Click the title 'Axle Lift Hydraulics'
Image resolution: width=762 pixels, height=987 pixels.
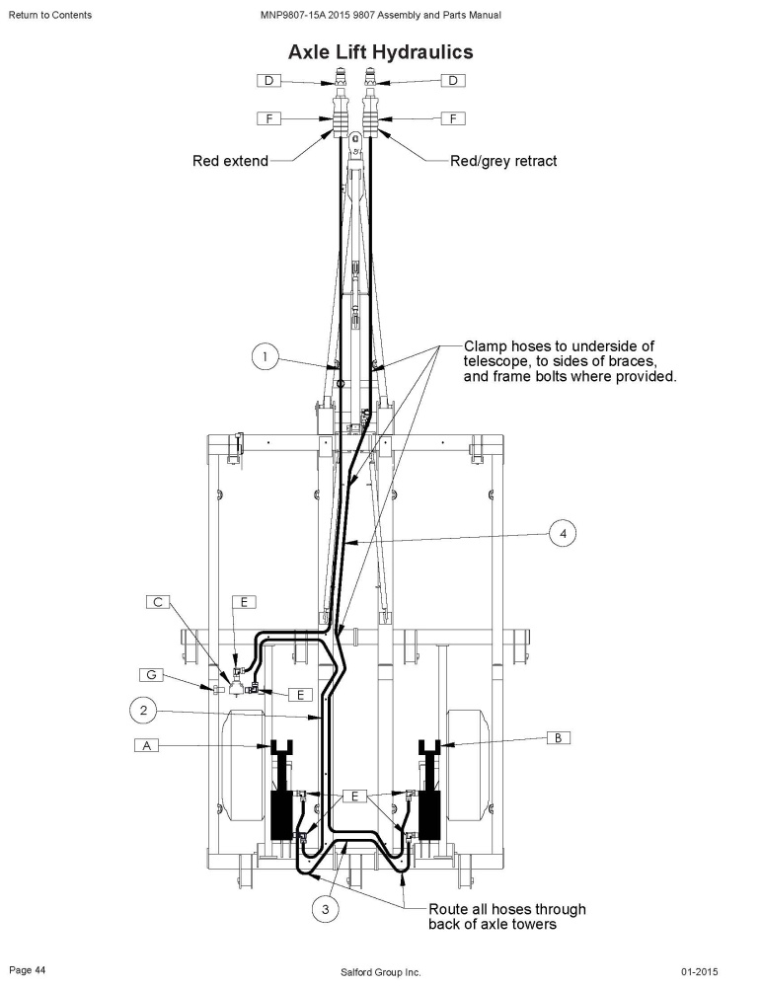380,51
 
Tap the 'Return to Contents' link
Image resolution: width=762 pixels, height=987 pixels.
49,15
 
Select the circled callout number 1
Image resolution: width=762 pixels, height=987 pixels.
265,357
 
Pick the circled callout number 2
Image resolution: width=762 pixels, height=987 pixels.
143,711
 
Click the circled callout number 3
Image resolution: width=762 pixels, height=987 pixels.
325,909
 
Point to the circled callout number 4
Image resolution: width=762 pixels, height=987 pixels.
563,534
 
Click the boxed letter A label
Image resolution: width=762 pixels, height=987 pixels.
147,745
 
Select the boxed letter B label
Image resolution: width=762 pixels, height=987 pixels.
558,737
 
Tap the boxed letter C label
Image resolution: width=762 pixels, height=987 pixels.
158,602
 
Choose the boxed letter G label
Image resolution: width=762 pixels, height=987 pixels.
151,675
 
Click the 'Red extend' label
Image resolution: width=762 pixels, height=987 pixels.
231,161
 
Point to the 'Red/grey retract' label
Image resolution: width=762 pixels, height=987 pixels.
503,161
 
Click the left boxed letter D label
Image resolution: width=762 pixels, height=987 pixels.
268,81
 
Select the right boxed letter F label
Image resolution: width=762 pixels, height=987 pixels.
453,118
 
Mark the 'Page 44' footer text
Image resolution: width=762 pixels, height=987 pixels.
27,970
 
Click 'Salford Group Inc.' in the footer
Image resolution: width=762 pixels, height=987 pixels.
380,972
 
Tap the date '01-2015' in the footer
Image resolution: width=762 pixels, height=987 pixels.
699,972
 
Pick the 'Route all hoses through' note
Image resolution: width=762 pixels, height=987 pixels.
507,909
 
